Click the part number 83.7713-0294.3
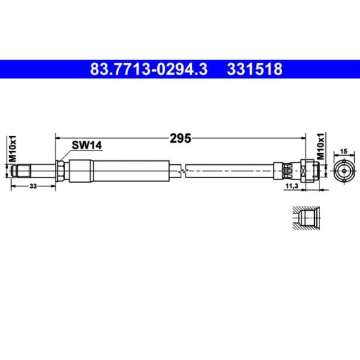149,69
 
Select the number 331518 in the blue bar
255,69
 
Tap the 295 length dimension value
180,138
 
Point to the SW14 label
86,145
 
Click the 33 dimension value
33,186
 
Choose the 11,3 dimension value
291,186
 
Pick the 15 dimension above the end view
344,151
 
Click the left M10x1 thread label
12,149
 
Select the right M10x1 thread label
321,146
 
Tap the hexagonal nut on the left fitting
60,171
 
